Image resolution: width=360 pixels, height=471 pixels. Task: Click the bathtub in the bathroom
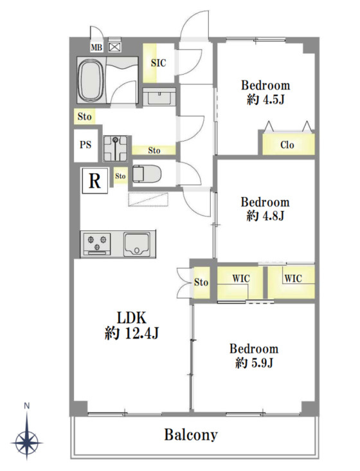pyautogui.click(x=91, y=80)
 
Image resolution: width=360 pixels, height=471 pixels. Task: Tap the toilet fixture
pyautogui.click(x=147, y=174)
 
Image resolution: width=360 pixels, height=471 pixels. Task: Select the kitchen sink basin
pyautogui.click(x=137, y=244)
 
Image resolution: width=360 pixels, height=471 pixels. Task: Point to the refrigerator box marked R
pyautogui.click(x=94, y=181)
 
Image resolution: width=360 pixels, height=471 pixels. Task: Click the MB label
pyautogui.click(x=96, y=48)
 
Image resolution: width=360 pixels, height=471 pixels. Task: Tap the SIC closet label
pyautogui.click(x=158, y=63)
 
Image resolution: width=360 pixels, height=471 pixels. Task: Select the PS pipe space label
pyautogui.click(x=85, y=145)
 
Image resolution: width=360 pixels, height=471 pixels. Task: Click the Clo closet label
pyautogui.click(x=287, y=145)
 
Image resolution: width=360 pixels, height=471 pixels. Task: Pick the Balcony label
pyautogui.click(x=191, y=434)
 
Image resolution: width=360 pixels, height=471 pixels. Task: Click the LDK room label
pyautogui.click(x=131, y=318)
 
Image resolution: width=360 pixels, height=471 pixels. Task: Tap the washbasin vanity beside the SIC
pyautogui.click(x=159, y=97)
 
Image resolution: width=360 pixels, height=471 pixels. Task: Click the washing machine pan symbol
pyautogui.click(x=115, y=148)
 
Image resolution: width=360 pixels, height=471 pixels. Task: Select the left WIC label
pyautogui.click(x=241, y=279)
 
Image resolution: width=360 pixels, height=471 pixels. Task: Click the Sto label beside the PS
pyautogui.click(x=84, y=116)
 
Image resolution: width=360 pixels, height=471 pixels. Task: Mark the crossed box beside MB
pyautogui.click(x=114, y=47)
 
